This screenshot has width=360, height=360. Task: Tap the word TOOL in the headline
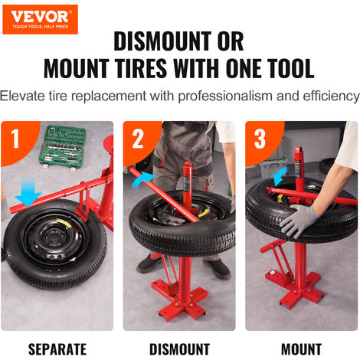280,68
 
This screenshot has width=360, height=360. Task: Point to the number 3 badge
261,139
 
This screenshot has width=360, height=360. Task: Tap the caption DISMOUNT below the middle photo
179,349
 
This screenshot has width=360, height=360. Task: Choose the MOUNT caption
301,349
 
